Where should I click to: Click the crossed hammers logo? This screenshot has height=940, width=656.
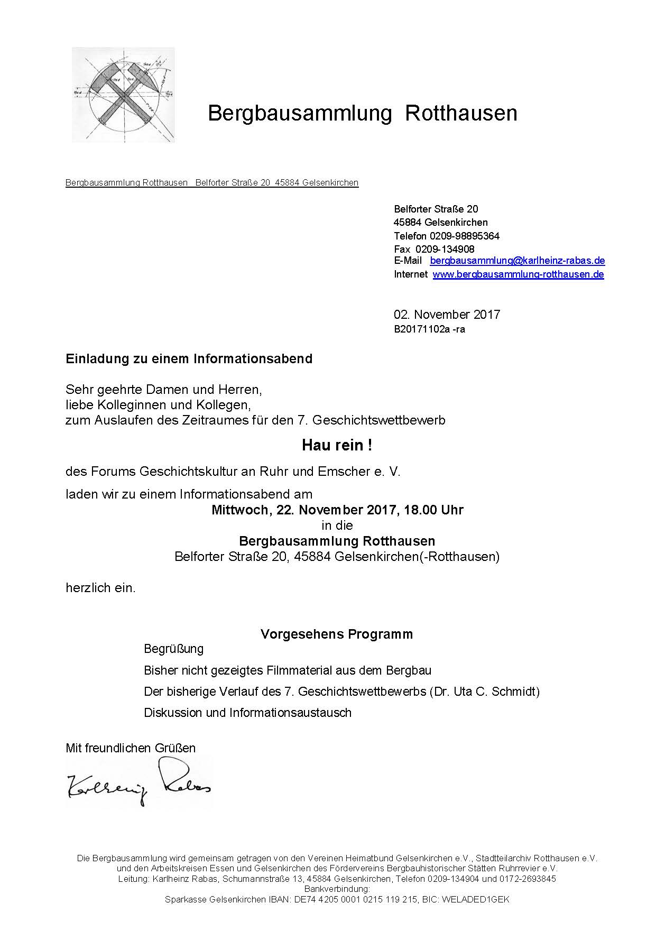pyautogui.click(x=123, y=95)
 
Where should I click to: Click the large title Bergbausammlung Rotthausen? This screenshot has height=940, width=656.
pyautogui.click(x=362, y=114)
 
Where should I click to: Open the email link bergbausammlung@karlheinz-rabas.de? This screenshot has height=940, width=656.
pyautogui.click(x=518, y=261)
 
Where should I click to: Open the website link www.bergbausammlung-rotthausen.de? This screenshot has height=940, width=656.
pyautogui.click(x=518, y=274)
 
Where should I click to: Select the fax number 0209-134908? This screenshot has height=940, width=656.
pyautogui.click(x=445, y=249)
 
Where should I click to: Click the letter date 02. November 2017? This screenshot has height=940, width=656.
pyautogui.click(x=447, y=315)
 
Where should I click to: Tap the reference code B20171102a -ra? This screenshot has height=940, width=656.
pyautogui.click(x=429, y=329)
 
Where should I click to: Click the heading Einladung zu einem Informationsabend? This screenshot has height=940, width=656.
pyautogui.click(x=189, y=359)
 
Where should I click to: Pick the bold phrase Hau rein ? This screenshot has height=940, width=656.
pyautogui.click(x=337, y=445)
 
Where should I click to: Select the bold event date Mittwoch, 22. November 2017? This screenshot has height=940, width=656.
pyautogui.click(x=304, y=510)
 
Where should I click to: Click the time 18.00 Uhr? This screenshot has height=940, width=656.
pyautogui.click(x=433, y=510)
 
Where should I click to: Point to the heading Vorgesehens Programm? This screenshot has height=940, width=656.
pyautogui.click(x=337, y=634)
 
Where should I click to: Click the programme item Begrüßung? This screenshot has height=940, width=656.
pyautogui.click(x=173, y=649)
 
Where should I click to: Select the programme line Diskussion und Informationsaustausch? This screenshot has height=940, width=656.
pyautogui.click(x=247, y=713)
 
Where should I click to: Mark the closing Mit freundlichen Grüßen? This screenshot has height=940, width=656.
pyautogui.click(x=131, y=748)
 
